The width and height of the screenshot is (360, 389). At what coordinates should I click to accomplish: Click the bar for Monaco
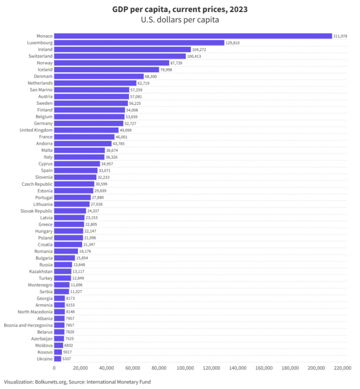click(x=193, y=36)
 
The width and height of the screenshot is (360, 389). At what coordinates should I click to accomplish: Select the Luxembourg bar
click(x=139, y=42)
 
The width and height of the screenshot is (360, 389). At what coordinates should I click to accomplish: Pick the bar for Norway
click(x=111, y=62)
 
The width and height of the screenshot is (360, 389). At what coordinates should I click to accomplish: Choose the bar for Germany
click(x=89, y=123)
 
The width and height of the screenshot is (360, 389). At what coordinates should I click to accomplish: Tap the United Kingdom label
click(x=36, y=130)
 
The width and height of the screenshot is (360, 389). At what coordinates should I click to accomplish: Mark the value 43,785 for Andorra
click(x=119, y=143)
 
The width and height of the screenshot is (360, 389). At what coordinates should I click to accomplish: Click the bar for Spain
click(x=76, y=170)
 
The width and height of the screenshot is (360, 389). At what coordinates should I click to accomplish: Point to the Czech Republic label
click(x=37, y=184)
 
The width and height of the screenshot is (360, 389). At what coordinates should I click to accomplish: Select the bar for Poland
click(x=69, y=237)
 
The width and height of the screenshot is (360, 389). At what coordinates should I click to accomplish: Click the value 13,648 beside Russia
click(x=80, y=265)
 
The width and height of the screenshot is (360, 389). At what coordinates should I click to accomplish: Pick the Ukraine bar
click(x=58, y=359)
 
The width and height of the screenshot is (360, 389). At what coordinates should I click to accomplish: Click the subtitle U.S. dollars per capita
click(x=179, y=20)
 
